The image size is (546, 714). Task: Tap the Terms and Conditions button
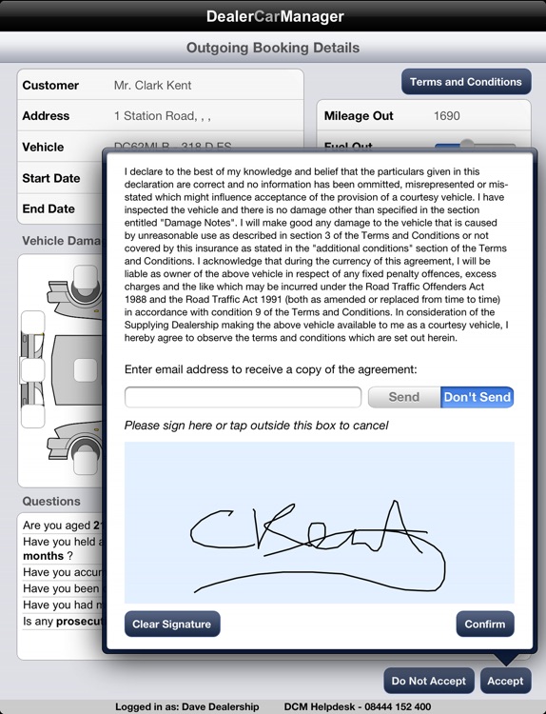click(x=465, y=82)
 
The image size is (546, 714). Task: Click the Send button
click(x=403, y=397)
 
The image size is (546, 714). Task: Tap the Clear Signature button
click(x=172, y=624)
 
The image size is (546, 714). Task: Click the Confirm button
click(x=485, y=624)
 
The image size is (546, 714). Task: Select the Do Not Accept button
click(x=428, y=681)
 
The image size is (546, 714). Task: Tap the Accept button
click(x=505, y=681)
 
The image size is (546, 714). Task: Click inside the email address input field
click(x=243, y=397)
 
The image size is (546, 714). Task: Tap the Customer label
click(x=50, y=85)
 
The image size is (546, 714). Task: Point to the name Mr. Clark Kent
click(x=152, y=85)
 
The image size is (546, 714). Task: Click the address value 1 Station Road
click(x=162, y=116)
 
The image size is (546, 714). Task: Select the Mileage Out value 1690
click(x=445, y=116)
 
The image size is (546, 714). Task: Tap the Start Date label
click(x=50, y=178)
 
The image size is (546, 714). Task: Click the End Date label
click(x=48, y=208)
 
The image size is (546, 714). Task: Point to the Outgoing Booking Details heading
click(x=273, y=48)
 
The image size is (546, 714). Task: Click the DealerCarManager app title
click(x=273, y=16)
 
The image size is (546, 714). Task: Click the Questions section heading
click(x=51, y=501)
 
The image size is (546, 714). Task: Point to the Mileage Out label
click(x=359, y=116)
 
